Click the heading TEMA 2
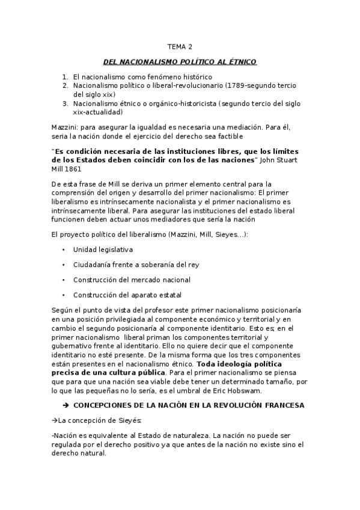(x=180, y=46)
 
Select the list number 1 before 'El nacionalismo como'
(x=64, y=78)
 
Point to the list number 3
(x=64, y=103)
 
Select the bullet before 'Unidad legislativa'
(x=63, y=249)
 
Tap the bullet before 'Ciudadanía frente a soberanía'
(x=63, y=265)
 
